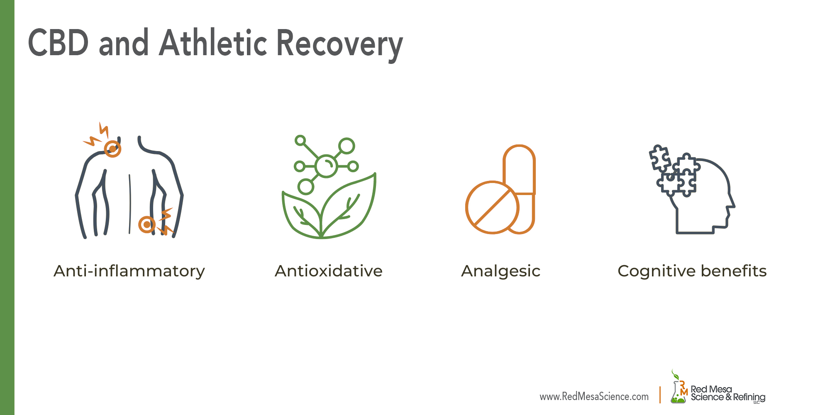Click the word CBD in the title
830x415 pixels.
pos(58,43)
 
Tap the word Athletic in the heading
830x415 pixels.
pos(213,43)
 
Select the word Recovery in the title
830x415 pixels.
pos(339,44)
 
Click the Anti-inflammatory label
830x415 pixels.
pos(129,271)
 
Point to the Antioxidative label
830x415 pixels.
pos(328,271)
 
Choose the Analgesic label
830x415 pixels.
pos(500,271)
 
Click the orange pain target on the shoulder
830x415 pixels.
pos(112,149)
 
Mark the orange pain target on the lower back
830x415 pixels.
pos(146,225)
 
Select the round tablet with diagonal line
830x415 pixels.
pos(492,207)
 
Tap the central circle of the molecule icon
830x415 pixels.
pos(326,166)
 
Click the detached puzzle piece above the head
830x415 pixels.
pos(659,158)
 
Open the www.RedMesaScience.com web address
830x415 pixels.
pos(594,397)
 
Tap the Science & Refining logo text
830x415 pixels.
pos(728,397)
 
